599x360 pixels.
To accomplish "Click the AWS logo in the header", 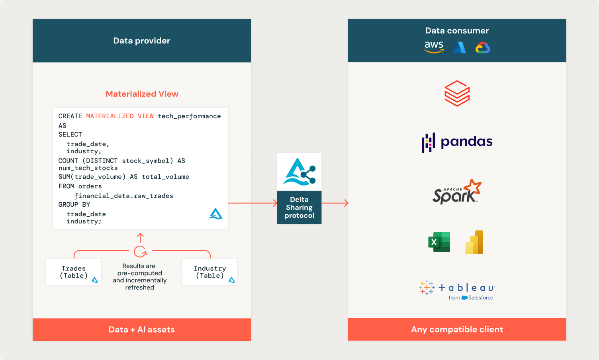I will tap(434, 47).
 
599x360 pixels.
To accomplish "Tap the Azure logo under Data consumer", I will tap(460, 48).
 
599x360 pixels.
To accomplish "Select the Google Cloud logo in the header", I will tap(483, 48).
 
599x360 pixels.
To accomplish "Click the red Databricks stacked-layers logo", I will tap(457, 94).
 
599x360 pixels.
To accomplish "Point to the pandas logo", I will tap(457, 142).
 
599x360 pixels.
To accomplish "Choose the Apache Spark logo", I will tap(457, 192).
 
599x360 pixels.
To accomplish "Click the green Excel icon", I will tap(439, 242).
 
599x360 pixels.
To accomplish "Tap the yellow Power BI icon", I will tap(474, 242).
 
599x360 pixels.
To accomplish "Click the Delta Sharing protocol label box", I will tap(299, 207).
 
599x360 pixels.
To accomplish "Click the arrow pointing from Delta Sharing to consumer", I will tap(335, 203).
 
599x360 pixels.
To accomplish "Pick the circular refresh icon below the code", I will tap(140, 251).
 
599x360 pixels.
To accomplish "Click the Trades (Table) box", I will tap(74, 272).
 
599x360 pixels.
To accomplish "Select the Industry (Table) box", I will tap(210, 272).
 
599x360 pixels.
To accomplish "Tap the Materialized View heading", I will tap(142, 94).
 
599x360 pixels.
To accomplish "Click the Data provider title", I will tap(142, 41).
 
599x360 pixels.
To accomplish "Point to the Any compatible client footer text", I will tap(457, 329).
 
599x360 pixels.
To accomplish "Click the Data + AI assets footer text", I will tap(142, 329).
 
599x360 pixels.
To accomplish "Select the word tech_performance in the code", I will tap(189, 116).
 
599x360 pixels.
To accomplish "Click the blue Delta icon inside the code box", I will tap(215, 214).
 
